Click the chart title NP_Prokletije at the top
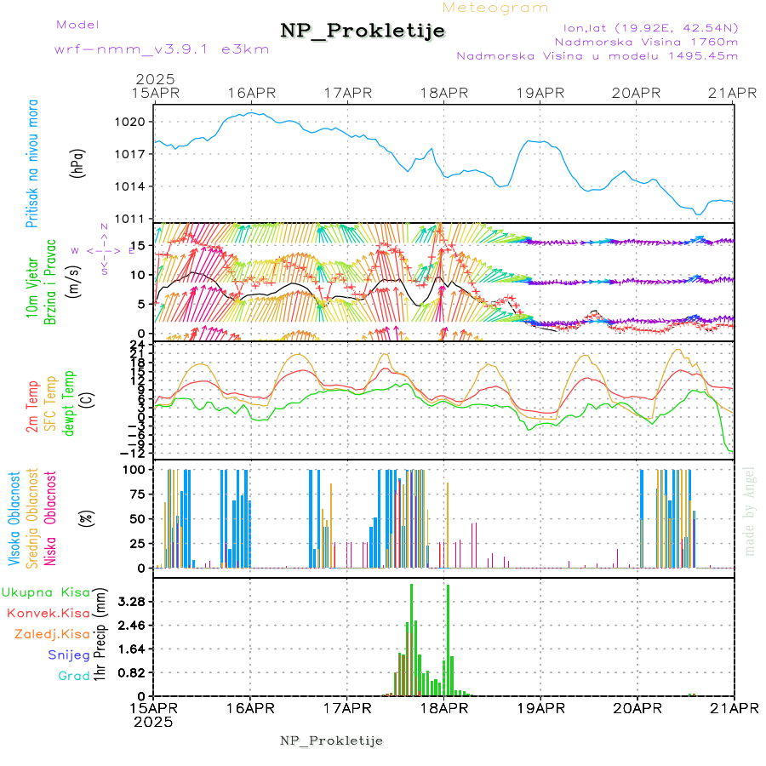pos(363,31)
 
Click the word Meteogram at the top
pos(496,7)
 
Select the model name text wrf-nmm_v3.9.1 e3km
pos(162,49)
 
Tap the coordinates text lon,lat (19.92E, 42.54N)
pos(644,26)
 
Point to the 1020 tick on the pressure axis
pos(130,122)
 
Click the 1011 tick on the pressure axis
pos(130,219)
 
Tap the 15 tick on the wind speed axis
pos(134,246)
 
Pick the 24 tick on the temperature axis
pos(136,343)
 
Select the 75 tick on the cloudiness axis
pos(134,493)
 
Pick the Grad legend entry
pos(73,676)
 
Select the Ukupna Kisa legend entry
pos(45,592)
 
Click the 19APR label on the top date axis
pos(540,93)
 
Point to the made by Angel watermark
pos(750,510)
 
